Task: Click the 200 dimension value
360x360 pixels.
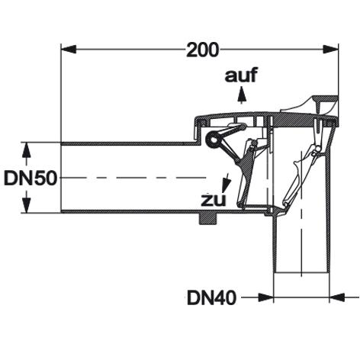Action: tap(202, 50)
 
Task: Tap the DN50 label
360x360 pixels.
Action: tap(30, 178)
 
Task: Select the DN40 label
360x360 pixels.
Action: tap(212, 297)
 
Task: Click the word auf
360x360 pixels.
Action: tap(241, 75)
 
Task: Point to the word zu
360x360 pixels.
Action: tap(214, 200)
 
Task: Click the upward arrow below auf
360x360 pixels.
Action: tap(242, 95)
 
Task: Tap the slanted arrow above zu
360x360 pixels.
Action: tap(227, 182)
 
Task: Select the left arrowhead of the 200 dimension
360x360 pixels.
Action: tap(69, 50)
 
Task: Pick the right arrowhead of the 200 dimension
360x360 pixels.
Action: tap(330, 50)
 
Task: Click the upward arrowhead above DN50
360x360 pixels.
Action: tap(27, 151)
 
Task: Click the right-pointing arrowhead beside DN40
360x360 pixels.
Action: tap(265, 297)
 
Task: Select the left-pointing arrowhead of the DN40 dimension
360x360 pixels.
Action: tap(337, 297)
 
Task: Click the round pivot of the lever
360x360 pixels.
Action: tap(214, 140)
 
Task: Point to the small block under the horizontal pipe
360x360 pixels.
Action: tap(207, 218)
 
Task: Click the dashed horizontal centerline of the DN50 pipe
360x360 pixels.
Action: tap(135, 177)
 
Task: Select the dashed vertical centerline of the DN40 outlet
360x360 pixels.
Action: tap(301, 214)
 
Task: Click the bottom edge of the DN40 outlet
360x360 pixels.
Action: tap(301, 273)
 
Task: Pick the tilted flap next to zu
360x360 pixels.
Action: tap(246, 175)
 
